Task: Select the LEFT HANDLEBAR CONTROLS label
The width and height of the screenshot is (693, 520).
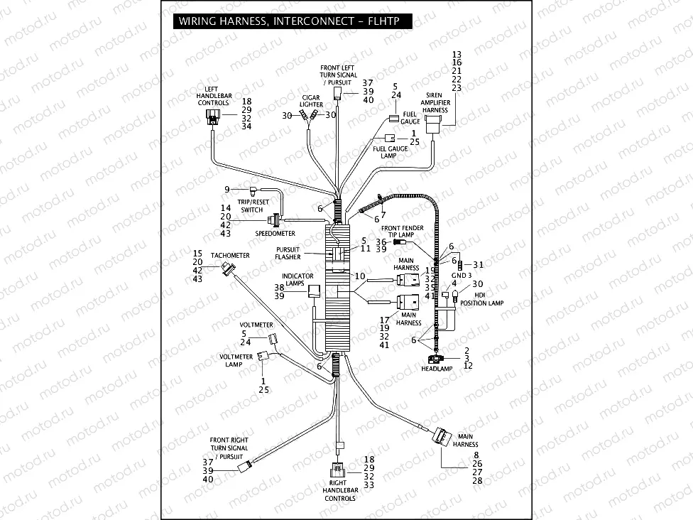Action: tap(213, 96)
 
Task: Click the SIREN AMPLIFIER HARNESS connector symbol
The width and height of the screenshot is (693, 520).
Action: tap(433, 126)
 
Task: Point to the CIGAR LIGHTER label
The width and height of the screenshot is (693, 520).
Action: tap(311, 101)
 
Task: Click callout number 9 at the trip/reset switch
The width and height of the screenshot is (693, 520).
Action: tap(227, 189)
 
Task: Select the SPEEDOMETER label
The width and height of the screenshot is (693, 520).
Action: tap(275, 233)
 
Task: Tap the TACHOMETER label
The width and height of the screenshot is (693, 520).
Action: tap(229, 255)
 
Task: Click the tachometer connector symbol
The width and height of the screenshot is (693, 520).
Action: tap(228, 269)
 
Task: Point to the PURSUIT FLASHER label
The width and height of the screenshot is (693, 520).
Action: tap(288, 254)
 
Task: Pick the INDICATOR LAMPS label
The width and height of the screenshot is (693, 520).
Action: tap(298, 279)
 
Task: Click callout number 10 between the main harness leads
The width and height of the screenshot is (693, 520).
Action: tap(361, 276)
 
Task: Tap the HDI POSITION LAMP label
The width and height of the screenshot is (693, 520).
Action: tap(481, 299)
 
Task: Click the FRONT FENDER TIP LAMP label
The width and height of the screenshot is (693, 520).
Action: tap(403, 231)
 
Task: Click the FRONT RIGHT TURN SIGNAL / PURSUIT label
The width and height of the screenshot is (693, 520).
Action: tap(229, 448)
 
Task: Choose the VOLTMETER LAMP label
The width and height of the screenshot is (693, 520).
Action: tap(234, 360)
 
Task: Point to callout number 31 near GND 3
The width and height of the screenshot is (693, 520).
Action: tap(478, 265)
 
